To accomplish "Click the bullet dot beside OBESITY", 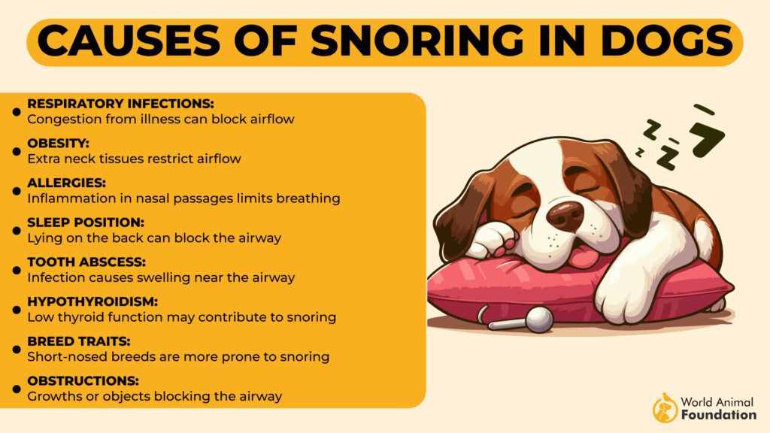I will pos(17,151).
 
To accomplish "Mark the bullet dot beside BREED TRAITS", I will pos(17,349).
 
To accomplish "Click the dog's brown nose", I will pos(565,216).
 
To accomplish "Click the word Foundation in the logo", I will pos(718,414).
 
